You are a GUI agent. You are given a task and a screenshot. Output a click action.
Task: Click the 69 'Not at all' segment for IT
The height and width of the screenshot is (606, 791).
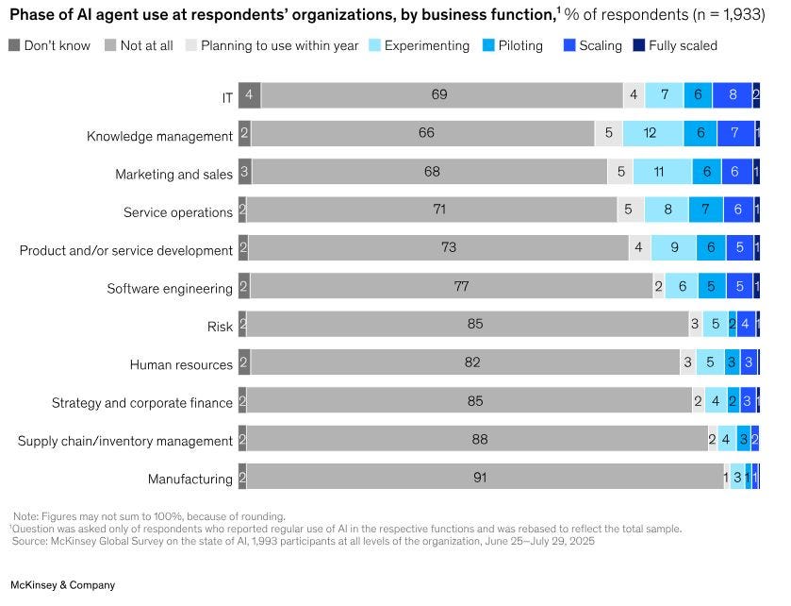[442, 95]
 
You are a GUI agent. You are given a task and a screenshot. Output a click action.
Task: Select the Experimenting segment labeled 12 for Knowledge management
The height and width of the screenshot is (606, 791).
[653, 133]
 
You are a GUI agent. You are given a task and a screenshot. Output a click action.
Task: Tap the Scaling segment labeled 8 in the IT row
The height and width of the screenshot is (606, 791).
[732, 95]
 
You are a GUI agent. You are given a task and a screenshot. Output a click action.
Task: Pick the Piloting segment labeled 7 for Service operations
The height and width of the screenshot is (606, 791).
[706, 209]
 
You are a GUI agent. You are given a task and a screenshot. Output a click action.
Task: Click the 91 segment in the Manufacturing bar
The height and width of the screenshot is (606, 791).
[486, 477]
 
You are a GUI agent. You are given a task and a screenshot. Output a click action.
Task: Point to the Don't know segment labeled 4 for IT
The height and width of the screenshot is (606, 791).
[250, 95]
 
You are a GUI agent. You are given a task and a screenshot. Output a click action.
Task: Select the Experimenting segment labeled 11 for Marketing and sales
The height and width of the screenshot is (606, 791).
[663, 171]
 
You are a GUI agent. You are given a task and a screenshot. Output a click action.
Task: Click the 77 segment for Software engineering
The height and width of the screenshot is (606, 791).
[452, 285]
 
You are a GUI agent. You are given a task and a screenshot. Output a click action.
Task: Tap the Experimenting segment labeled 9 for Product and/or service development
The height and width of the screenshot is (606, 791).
[673, 247]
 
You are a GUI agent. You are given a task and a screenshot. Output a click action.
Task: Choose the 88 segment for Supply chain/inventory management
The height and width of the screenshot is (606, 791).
[477, 438]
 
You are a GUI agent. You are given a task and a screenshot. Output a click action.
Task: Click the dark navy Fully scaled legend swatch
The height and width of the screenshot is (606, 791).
[638, 45]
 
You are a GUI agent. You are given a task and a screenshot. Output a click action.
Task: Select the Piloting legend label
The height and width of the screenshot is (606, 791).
[520, 45]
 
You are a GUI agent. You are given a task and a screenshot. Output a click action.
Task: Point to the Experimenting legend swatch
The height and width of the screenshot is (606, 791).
[374, 45]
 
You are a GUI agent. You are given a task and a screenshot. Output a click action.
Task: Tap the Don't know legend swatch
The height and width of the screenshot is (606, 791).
[14, 45]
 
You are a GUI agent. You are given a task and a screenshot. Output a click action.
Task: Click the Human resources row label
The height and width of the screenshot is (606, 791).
[181, 364]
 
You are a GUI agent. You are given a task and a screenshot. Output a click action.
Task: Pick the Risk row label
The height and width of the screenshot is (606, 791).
[220, 327]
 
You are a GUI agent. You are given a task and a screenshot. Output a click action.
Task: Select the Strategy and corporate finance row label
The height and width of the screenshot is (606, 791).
[142, 403]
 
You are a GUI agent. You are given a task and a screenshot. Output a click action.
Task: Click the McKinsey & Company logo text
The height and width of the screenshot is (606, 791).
[62, 585]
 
